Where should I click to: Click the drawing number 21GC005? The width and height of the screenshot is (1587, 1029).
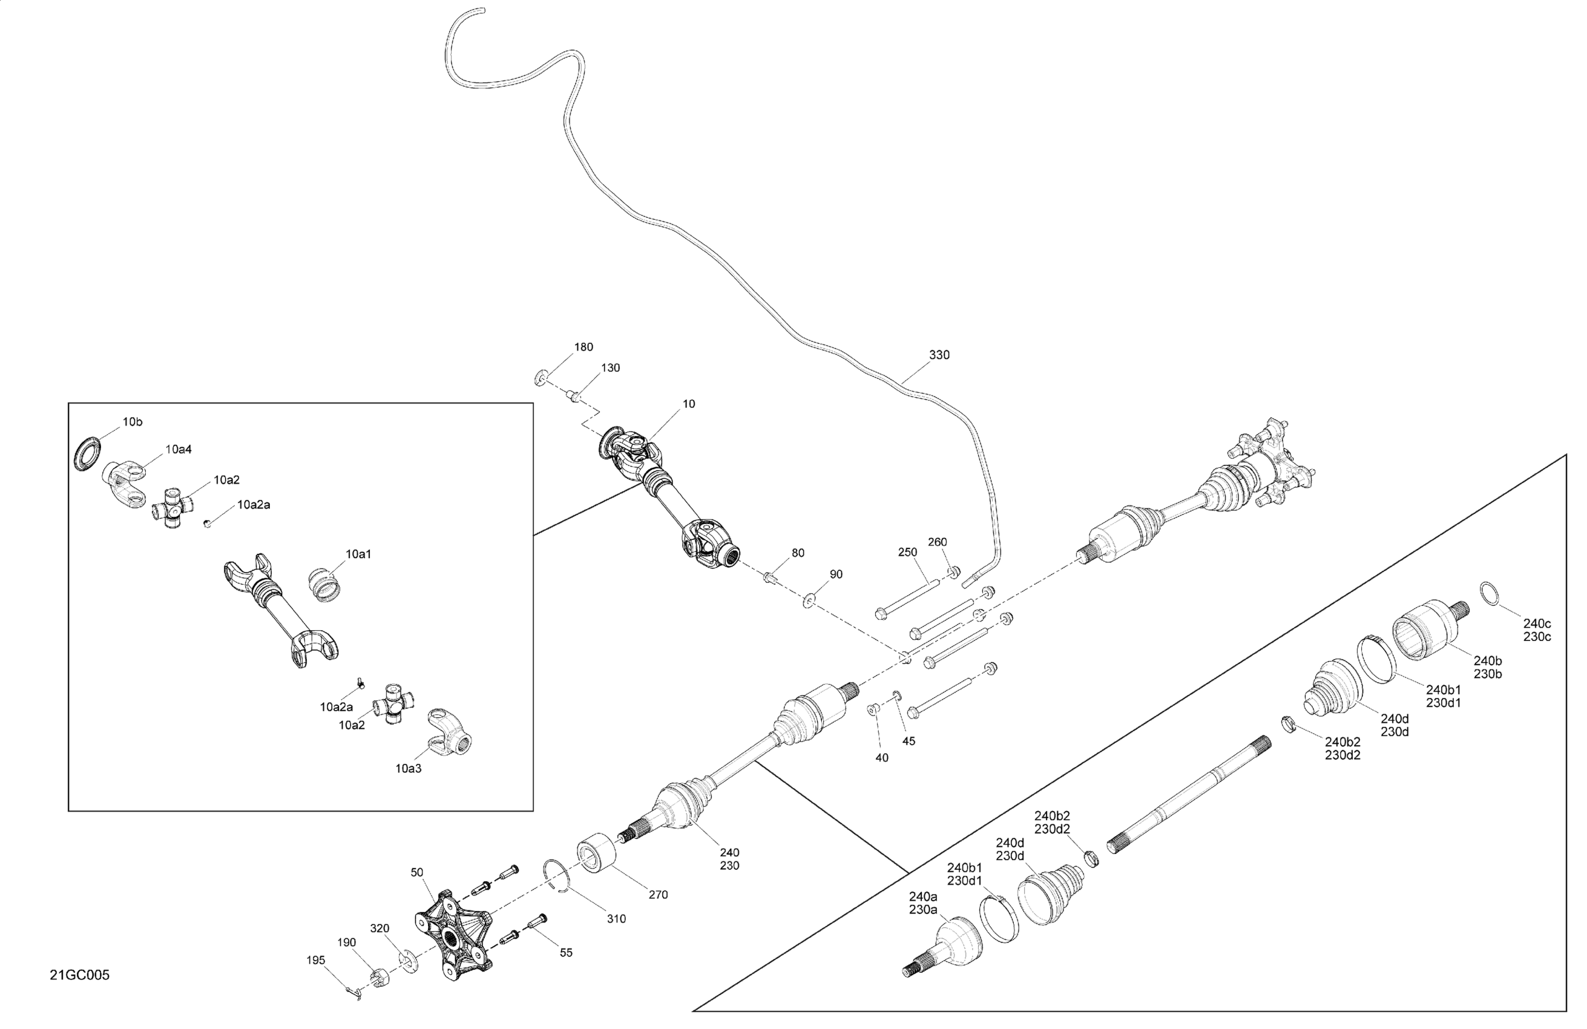79,975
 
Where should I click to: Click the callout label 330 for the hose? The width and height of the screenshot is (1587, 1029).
939,355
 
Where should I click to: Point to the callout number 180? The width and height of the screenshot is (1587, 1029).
583,347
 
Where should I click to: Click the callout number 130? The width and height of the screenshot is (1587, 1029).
610,367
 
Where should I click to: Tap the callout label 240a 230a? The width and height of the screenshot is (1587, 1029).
923,902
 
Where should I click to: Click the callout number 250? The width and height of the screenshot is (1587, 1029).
907,551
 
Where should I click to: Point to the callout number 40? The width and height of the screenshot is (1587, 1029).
881,758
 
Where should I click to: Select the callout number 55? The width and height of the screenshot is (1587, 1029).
565,952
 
